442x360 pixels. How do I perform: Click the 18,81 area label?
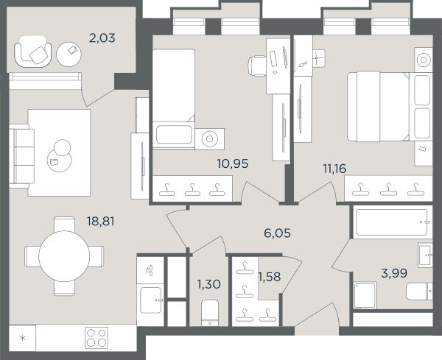pos(101,222)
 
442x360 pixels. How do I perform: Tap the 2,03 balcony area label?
pos(102,38)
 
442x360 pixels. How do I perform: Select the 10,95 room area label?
pos(233,163)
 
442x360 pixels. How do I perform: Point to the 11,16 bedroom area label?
pos(334,169)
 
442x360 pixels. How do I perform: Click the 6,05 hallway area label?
pos(278,233)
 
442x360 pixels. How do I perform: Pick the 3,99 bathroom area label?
pos(394,273)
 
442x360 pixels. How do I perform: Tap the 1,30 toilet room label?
pos(209,284)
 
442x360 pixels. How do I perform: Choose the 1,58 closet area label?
pos(270,277)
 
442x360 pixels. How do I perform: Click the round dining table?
pos(64,256)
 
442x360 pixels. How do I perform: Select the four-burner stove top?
pos(97,338)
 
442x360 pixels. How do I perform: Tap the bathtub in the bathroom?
pos(393,222)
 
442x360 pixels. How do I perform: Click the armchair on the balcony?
pos(32,52)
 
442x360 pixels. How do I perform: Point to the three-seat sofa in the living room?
pos(21,157)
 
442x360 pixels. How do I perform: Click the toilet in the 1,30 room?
pos(210,313)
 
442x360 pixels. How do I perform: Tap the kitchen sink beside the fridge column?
pos(151,300)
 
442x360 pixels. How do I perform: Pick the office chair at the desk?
pos(257,66)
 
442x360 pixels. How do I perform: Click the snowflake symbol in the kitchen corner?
pos(22,338)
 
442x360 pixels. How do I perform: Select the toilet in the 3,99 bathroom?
pos(419,292)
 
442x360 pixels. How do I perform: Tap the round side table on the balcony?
pos(69,54)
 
